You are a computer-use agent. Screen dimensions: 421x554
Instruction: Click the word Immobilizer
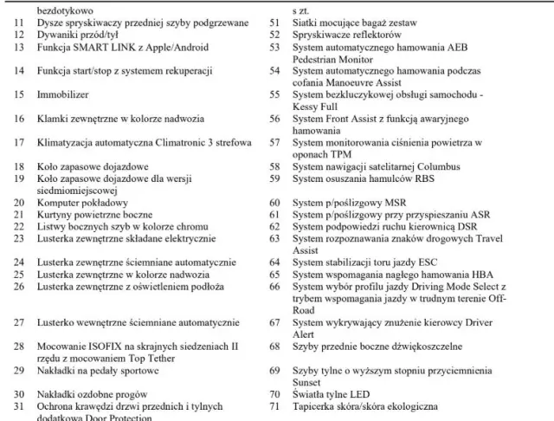pyautogui.click(x=61, y=93)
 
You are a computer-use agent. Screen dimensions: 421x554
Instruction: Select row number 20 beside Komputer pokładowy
pyautogui.click(x=20, y=202)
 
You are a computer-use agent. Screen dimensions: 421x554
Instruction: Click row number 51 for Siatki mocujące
pyautogui.click(x=274, y=23)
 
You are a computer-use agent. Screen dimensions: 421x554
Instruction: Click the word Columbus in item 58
pyautogui.click(x=437, y=166)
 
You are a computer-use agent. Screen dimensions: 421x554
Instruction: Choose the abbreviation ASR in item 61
pyautogui.click(x=478, y=214)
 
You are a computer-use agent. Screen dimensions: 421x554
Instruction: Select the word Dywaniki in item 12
pyautogui.click(x=58, y=36)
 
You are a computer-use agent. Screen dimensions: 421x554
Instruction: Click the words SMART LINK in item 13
pyautogui.click(x=107, y=48)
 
